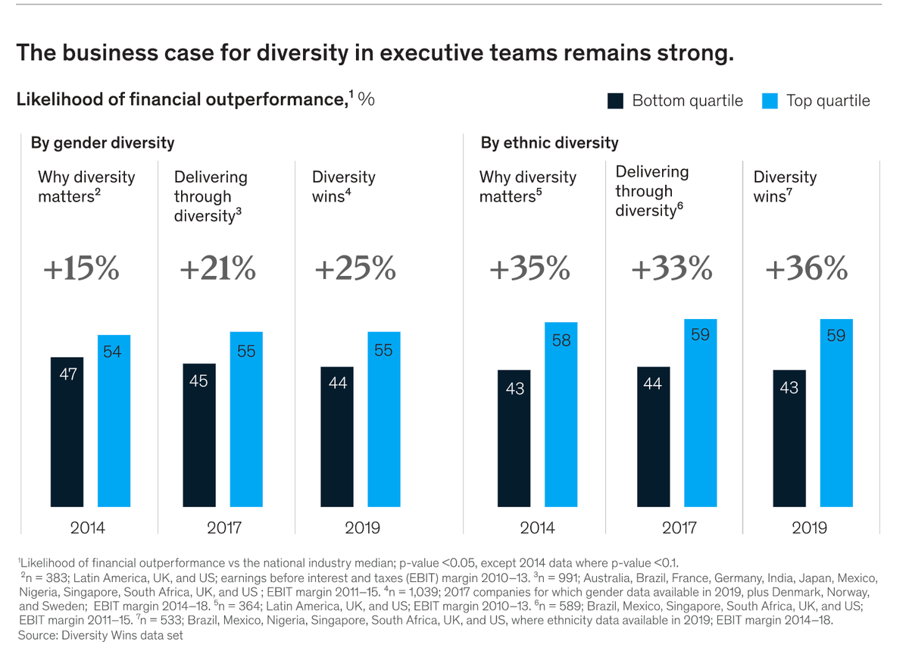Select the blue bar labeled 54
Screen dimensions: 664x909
coord(114,420)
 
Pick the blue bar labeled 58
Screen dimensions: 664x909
coord(561,414)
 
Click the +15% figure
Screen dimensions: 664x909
coord(83,269)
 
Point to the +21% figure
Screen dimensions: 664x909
coord(217,269)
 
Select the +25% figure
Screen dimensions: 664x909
coord(355,269)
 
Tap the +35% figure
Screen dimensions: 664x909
coord(529,269)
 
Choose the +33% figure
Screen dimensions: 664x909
coord(672,269)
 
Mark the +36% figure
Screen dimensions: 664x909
coord(806,269)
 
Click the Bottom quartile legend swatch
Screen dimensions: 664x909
coord(615,101)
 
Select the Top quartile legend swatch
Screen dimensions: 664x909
coord(770,101)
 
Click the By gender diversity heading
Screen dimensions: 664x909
coord(102,143)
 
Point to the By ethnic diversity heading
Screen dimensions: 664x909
coord(549,143)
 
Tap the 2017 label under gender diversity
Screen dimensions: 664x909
coord(223,528)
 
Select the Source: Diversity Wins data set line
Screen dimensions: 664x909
coord(100,635)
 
